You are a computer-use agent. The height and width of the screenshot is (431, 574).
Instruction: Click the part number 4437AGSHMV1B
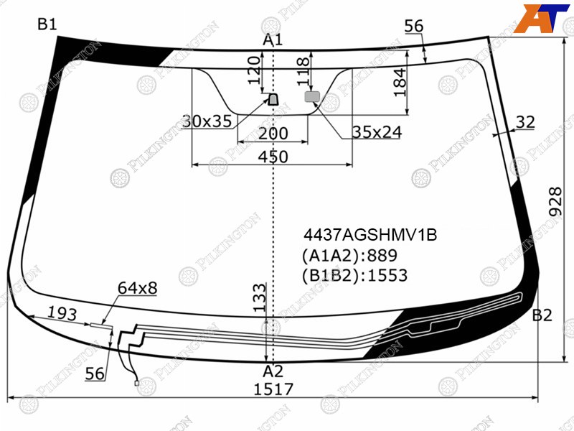click(x=370, y=235)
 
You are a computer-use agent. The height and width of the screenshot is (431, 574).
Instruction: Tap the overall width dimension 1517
click(x=274, y=389)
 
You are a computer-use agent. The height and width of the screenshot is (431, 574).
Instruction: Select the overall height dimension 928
click(x=555, y=201)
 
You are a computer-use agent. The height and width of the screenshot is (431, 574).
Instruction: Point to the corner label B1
click(x=47, y=24)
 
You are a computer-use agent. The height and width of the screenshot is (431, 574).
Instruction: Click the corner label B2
click(x=542, y=315)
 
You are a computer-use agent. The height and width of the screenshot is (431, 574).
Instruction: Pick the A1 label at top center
click(x=273, y=40)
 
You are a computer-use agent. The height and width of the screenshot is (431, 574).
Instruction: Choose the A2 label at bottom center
click(x=273, y=371)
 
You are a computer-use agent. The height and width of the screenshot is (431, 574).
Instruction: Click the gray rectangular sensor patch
click(x=312, y=97)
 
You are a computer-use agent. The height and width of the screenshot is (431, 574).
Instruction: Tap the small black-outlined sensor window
click(x=273, y=99)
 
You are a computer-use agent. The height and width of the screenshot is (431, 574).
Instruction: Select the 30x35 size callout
click(x=207, y=121)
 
